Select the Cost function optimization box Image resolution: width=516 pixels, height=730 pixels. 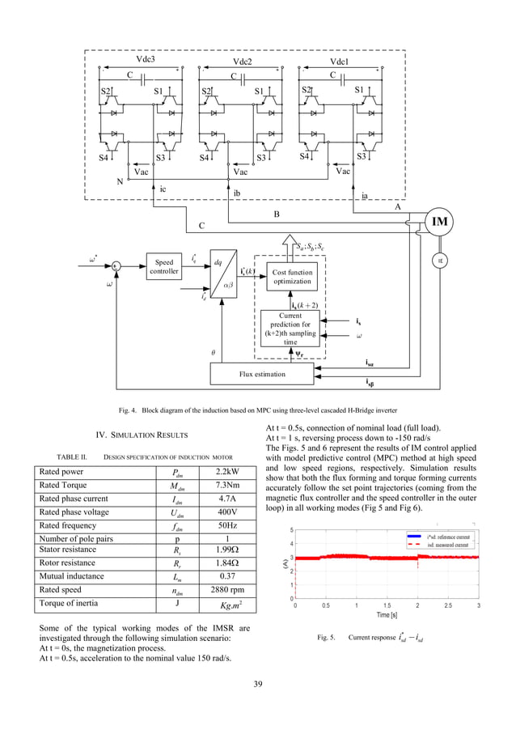click(292, 277)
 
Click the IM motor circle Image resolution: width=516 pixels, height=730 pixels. click(440, 222)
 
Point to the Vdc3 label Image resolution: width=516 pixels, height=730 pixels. click(146, 59)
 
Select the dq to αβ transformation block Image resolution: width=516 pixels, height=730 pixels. click(216, 274)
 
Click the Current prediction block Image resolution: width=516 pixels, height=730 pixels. click(290, 329)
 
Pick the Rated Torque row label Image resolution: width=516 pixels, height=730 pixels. click(66, 485)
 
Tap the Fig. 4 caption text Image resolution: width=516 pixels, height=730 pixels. click(258, 408)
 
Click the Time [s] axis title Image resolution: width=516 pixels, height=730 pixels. click(386, 616)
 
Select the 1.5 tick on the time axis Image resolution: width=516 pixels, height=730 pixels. click(387, 605)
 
